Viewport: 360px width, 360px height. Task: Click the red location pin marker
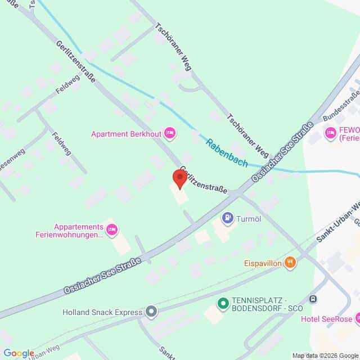coord(179,179)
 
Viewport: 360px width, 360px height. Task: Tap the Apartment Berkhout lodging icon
coord(170,133)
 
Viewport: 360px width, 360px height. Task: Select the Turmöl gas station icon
coord(228,218)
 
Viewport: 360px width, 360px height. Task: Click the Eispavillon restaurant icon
coord(290,262)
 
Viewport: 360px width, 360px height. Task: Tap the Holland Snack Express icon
coord(150,310)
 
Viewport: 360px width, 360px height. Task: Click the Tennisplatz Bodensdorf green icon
coord(223,304)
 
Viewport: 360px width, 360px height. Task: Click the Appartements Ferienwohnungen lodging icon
coord(112,228)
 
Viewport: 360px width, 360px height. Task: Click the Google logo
coord(18,353)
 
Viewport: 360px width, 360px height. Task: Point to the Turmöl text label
coord(250,218)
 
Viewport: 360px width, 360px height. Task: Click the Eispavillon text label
coord(262,262)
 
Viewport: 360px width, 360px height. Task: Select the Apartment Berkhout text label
coord(127,134)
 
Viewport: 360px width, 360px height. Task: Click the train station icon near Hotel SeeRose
coord(313,299)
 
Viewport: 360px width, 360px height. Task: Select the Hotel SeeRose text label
coord(326,319)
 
